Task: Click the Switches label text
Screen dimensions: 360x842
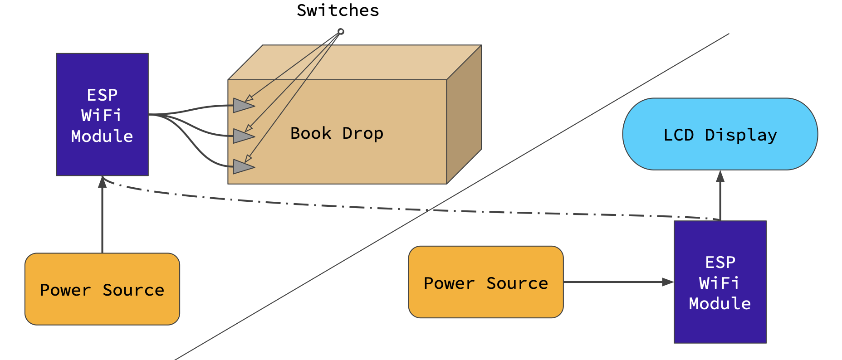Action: click(x=338, y=10)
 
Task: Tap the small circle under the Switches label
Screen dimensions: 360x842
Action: click(x=341, y=31)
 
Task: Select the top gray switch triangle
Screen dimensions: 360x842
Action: click(x=242, y=106)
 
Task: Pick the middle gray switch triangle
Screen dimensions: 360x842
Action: click(x=242, y=136)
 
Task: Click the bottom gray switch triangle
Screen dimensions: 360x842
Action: click(x=242, y=167)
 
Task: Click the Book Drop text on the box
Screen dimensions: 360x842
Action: click(x=337, y=133)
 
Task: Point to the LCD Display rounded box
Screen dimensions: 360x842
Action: click(x=720, y=134)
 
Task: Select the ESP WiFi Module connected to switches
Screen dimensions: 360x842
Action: click(x=102, y=114)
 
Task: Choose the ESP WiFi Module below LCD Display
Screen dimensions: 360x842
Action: click(x=720, y=282)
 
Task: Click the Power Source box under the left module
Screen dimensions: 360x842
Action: click(x=102, y=289)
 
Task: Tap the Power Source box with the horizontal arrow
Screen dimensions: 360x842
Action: click(x=485, y=282)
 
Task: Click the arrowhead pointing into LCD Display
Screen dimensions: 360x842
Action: click(x=720, y=176)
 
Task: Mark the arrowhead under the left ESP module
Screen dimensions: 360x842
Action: click(x=103, y=182)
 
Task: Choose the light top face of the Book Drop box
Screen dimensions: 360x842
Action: click(x=354, y=62)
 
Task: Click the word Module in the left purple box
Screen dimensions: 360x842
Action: click(x=102, y=136)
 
